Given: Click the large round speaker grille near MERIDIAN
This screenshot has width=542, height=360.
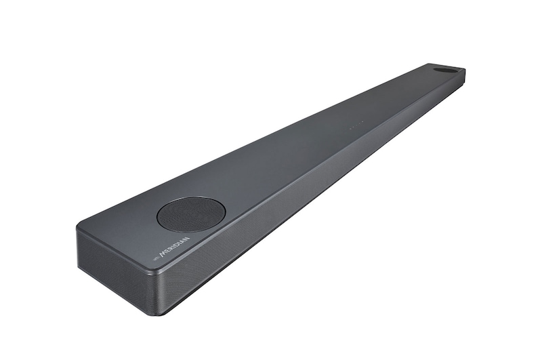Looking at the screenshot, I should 191,214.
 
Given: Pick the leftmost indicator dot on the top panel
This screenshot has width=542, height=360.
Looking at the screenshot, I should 351,127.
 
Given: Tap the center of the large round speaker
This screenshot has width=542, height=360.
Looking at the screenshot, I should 191,214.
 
